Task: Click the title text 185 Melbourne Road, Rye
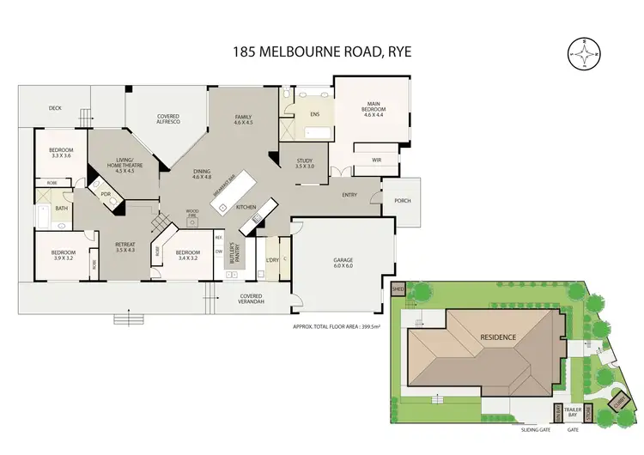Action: click(x=322, y=51)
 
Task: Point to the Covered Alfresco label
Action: click(x=167, y=120)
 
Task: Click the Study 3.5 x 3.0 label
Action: click(x=305, y=163)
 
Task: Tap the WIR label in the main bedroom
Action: click(x=375, y=160)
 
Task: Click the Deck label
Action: click(x=55, y=108)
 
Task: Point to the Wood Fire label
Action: click(x=192, y=213)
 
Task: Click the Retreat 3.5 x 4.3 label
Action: click(x=125, y=246)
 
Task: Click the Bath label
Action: click(x=61, y=209)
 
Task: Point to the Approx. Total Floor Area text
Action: click(x=337, y=326)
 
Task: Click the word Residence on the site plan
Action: click(x=497, y=337)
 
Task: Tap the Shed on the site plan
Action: click(x=398, y=290)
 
